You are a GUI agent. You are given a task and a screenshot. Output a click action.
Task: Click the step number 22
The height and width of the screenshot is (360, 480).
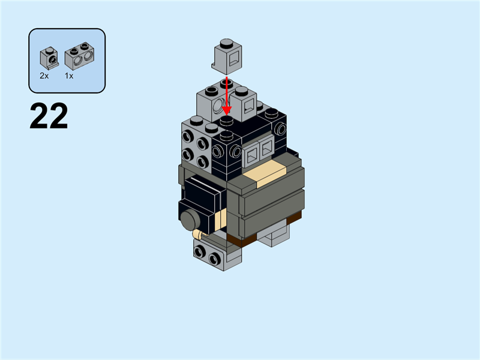tap(49, 116)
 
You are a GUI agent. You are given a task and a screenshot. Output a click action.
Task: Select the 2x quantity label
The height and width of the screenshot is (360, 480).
tap(44, 76)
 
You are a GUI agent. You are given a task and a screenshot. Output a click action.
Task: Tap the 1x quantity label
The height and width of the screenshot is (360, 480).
tap(69, 76)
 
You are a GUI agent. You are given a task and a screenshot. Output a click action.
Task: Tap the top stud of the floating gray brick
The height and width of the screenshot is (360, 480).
tap(226, 43)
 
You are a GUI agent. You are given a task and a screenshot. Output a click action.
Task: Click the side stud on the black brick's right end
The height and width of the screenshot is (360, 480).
tap(280, 128)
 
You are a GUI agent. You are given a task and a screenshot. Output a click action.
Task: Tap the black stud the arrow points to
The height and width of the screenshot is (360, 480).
tap(226, 121)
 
